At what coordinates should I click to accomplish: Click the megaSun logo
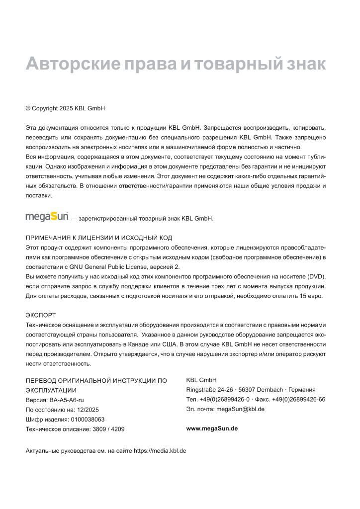tap(47, 217)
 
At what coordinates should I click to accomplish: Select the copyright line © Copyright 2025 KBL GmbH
tap(65, 108)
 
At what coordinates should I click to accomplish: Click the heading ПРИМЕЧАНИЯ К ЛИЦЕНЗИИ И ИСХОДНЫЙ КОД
tap(99, 238)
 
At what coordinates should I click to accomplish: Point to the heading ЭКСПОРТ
tap(41, 315)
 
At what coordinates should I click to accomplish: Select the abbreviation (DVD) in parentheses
tap(316, 276)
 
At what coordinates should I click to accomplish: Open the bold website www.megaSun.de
tap(212, 428)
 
